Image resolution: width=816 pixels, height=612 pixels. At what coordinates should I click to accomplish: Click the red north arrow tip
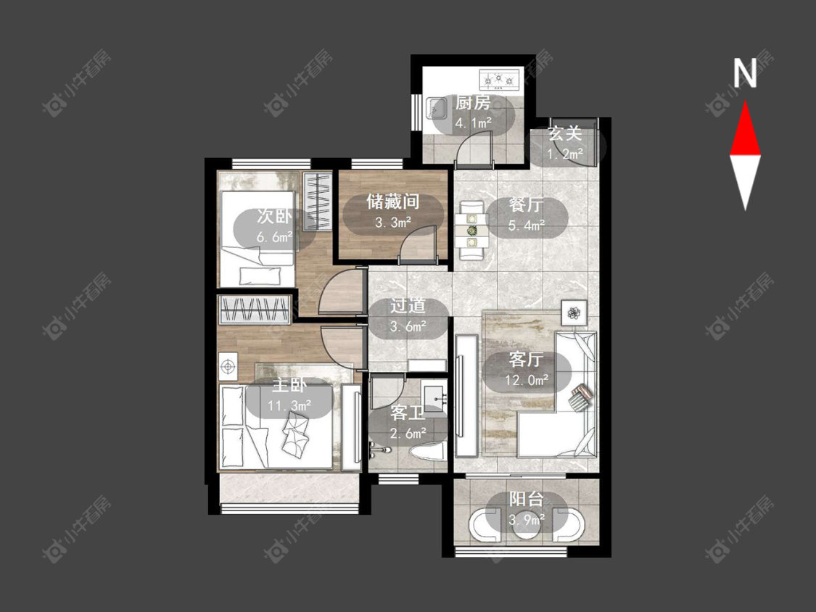coord(745,102)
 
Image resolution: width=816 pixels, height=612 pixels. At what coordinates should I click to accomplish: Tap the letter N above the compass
coord(745,73)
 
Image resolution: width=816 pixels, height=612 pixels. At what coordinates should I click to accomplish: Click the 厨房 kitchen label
coord(472,103)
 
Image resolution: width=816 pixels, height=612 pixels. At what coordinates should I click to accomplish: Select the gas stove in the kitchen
coord(498,80)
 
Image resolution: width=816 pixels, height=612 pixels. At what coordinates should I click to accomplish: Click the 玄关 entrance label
coord(564,133)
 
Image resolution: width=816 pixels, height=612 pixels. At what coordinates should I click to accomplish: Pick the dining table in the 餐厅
coord(471,230)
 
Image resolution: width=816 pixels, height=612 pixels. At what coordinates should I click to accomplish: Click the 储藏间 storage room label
coord(393,202)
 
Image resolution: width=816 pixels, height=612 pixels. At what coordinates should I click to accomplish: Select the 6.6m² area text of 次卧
coord(274,237)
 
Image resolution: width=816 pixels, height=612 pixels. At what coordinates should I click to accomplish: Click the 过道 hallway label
coord(408,305)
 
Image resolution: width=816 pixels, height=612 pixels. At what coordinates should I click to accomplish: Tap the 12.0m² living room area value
coord(526,380)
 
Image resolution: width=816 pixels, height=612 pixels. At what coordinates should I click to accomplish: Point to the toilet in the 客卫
coord(426,451)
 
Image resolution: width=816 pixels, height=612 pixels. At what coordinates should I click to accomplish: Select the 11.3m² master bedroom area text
coord(289,405)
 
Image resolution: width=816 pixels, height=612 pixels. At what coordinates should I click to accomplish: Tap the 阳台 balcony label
coord(526,500)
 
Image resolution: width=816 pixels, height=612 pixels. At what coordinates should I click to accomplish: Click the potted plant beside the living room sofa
coord(574,313)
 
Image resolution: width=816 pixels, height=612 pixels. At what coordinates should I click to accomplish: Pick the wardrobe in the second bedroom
coord(318,201)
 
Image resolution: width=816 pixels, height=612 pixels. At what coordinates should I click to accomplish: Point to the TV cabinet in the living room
coord(466,396)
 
